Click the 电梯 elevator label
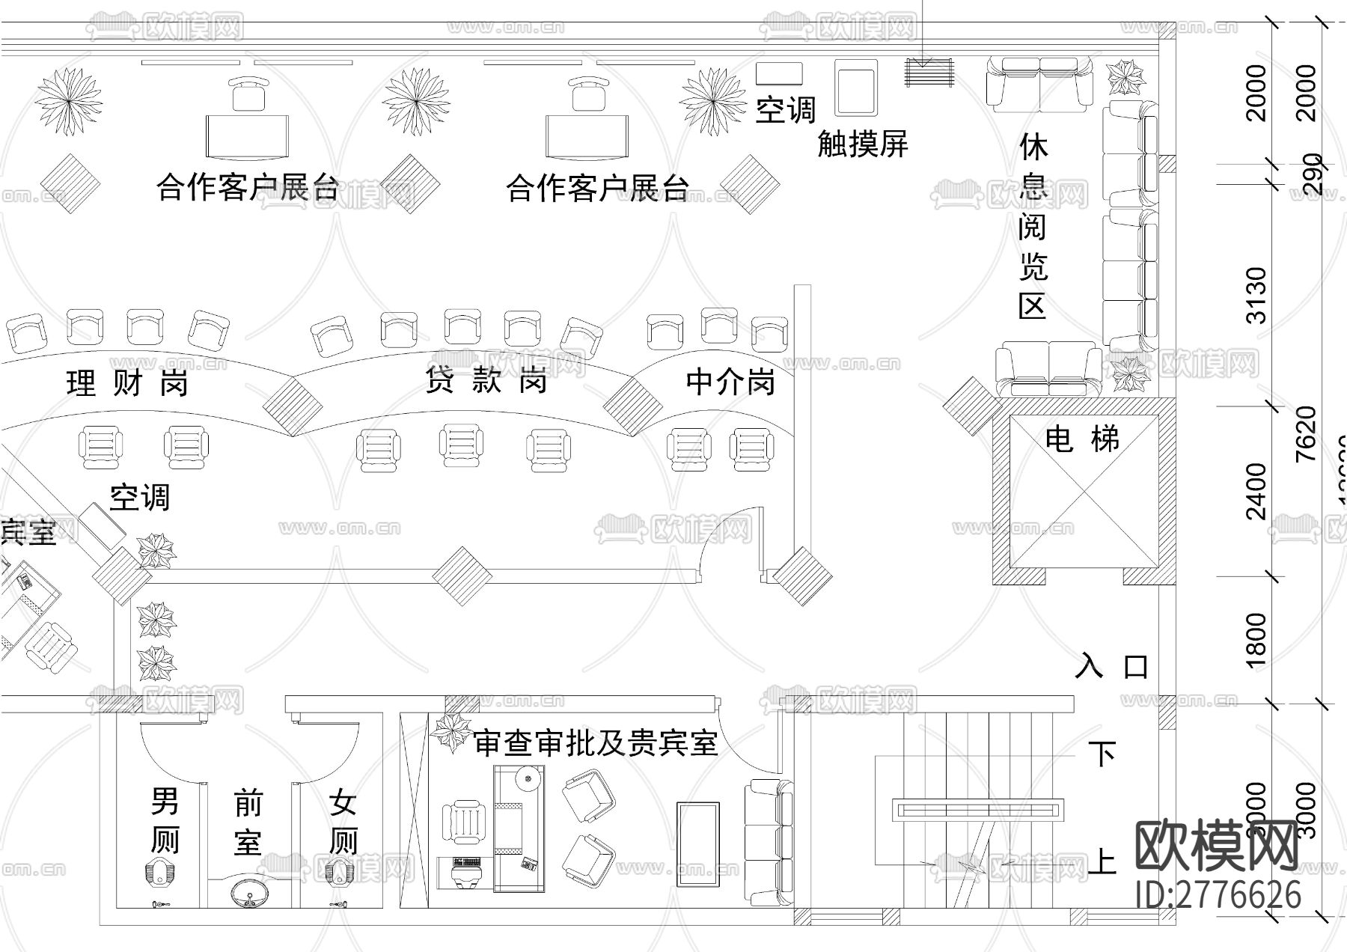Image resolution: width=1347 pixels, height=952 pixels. coord(1082,439)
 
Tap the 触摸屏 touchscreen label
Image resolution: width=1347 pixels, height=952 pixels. coord(862,143)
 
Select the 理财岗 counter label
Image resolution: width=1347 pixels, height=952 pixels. coord(127,383)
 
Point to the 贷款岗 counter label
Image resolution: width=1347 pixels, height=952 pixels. coord(486,381)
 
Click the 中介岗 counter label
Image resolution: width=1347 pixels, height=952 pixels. coord(730,382)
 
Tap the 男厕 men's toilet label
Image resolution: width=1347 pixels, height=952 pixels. coord(165,820)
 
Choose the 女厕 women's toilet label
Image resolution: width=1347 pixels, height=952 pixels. coord(343,822)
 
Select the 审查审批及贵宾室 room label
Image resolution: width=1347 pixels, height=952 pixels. coord(596,742)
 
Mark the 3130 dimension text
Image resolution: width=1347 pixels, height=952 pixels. coord(1258,295)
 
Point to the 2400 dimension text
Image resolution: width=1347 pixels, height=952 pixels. coord(1257,492)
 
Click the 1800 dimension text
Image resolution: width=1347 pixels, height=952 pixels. coord(1257,640)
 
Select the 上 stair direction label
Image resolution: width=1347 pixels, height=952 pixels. coord(1101,861)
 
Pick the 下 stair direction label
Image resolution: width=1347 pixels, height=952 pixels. coord(1101,754)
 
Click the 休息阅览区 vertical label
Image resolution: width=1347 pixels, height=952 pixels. coord(1033,226)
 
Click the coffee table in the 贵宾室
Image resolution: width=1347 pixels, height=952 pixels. coord(697,844)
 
